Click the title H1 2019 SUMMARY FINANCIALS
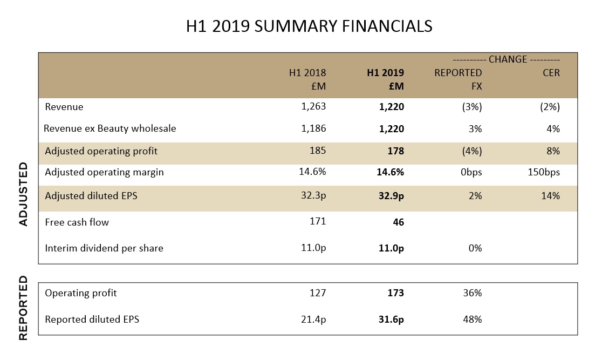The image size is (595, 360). pos(309,26)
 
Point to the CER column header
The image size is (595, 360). pos(551,72)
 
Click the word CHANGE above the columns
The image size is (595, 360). pos(508,59)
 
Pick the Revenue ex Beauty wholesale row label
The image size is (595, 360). pos(110,128)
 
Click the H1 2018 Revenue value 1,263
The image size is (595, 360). pos(313,106)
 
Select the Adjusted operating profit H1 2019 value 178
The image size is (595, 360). pos(396,151)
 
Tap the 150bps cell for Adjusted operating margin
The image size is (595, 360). pos(544,172)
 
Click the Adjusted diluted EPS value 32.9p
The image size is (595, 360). pos(391,196)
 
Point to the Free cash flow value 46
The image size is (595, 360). pos(399,222)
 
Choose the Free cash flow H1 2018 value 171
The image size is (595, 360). pos(318,221)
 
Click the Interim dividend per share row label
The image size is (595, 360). pos(104,248)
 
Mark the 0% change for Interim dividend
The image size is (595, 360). pos(475,248)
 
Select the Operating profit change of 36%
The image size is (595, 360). pos(473,293)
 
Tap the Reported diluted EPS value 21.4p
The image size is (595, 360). pos(313,320)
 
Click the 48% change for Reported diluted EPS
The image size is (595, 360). pos(473,320)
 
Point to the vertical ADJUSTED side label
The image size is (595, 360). pos(24,194)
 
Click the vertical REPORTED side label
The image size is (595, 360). pos(24,308)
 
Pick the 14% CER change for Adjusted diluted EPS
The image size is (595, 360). pos(551,195)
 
